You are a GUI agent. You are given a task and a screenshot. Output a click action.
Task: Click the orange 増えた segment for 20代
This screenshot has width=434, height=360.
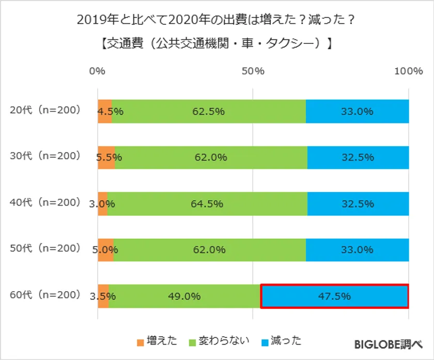tap(104, 112)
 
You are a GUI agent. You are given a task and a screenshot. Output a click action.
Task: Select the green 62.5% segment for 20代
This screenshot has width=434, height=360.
tap(209, 112)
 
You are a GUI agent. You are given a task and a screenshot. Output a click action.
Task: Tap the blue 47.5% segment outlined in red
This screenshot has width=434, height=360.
tap(334, 296)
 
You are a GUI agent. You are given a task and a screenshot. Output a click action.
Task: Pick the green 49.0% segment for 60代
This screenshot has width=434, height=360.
tap(184, 296)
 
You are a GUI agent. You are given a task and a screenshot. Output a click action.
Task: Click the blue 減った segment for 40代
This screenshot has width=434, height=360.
tap(358, 204)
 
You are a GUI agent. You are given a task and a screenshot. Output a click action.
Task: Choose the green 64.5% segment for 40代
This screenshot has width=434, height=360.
tap(207, 204)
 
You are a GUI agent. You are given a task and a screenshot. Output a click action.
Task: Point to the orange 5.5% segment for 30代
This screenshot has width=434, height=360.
tap(106, 158)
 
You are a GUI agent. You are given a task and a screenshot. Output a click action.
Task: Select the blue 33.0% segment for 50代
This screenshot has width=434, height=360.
tap(357, 250)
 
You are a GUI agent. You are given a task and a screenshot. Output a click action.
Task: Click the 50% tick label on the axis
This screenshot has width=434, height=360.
tap(253, 72)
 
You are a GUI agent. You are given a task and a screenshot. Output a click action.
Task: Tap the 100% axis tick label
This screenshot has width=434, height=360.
tap(408, 72)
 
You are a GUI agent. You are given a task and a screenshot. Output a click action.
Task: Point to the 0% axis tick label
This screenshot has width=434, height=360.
tap(97, 72)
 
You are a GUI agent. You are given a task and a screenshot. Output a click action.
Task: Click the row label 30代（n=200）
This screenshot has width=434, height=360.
tap(46, 155)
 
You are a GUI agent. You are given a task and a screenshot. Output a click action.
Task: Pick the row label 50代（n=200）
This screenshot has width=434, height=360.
tap(46, 248)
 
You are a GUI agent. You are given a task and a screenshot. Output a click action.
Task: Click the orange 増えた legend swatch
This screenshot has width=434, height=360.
tap(141, 341)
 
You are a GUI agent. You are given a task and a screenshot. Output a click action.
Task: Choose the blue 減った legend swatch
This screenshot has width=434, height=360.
tap(266, 341)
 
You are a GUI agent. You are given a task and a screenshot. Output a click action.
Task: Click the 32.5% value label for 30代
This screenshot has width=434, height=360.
tap(358, 158)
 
